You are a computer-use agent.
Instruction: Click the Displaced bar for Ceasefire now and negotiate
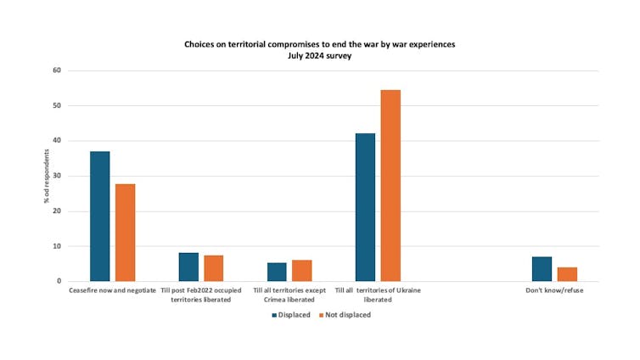100,217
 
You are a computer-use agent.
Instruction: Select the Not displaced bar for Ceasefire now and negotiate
126,233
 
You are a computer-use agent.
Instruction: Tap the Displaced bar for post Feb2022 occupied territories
188,267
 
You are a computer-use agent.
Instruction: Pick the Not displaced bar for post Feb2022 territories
214,268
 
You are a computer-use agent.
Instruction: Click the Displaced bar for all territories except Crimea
277,272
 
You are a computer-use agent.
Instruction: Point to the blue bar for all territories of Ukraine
365,207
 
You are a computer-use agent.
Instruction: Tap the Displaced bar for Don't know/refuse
542,268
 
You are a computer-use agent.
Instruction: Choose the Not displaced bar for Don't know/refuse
567,274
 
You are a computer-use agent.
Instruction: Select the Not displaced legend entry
348,314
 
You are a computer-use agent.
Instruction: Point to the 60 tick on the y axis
57,70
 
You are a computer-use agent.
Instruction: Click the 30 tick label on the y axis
57,176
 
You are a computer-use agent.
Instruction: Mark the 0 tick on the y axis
59,281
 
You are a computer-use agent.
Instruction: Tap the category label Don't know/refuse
554,290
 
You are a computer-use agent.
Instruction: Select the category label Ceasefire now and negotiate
112,290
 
